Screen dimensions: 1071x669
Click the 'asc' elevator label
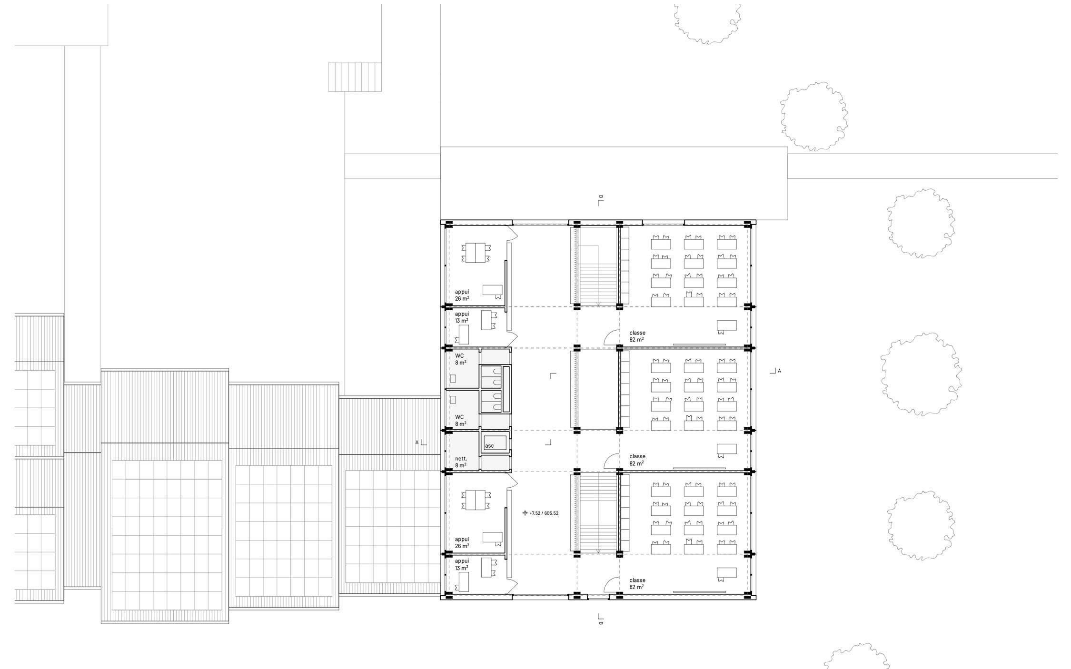489,446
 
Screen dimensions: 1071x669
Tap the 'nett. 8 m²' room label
461,462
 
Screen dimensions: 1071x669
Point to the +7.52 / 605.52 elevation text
544,513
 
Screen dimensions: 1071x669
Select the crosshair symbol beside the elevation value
525,513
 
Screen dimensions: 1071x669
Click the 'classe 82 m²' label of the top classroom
637,336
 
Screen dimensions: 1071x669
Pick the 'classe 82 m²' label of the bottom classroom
637,583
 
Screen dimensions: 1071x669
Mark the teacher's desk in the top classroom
727,326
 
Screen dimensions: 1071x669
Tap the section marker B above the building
601,200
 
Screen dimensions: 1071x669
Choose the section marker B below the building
601,619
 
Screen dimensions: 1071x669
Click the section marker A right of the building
775,371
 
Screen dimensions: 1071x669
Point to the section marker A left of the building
421,443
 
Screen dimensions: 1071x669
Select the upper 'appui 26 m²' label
462,295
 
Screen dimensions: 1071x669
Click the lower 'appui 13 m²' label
462,564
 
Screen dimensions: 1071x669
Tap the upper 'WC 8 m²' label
460,359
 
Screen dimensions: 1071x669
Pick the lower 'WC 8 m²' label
460,420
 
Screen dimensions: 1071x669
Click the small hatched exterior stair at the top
355,77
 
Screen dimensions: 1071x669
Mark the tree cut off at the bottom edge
856,657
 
